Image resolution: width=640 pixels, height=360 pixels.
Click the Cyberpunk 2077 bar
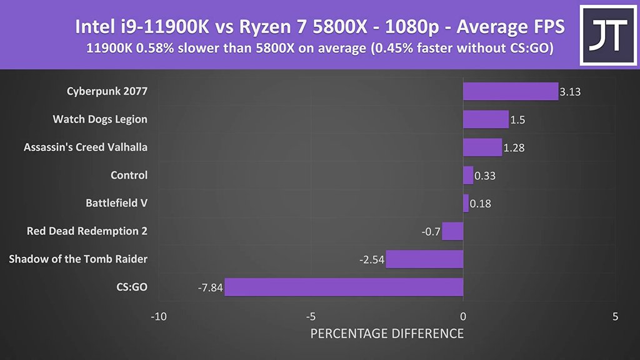click(x=510, y=91)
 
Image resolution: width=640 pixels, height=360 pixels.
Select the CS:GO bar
click(x=344, y=287)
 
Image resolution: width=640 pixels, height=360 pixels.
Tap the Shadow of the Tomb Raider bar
click(x=424, y=259)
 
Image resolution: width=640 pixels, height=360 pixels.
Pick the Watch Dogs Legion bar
click(x=486, y=119)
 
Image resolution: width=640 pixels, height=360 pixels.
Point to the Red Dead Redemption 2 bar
click(x=452, y=231)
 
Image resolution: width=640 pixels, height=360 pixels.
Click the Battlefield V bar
click(x=466, y=203)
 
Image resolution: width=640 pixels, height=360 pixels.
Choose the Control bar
click(x=468, y=175)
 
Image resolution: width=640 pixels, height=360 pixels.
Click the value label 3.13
click(x=571, y=92)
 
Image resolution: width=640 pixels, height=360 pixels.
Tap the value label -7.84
click(x=210, y=287)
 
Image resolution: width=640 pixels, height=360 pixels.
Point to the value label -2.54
click(x=371, y=259)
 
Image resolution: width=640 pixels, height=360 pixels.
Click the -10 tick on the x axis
click(x=158, y=316)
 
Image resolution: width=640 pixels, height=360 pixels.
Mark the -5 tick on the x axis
click(x=311, y=316)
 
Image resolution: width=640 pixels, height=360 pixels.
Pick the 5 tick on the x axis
click(x=616, y=316)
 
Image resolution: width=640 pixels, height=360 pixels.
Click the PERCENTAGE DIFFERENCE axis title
click(x=387, y=333)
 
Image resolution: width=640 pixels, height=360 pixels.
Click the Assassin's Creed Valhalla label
click(x=86, y=147)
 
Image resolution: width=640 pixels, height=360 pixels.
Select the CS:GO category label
click(x=132, y=287)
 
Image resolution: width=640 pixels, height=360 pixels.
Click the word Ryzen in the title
click(x=261, y=27)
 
